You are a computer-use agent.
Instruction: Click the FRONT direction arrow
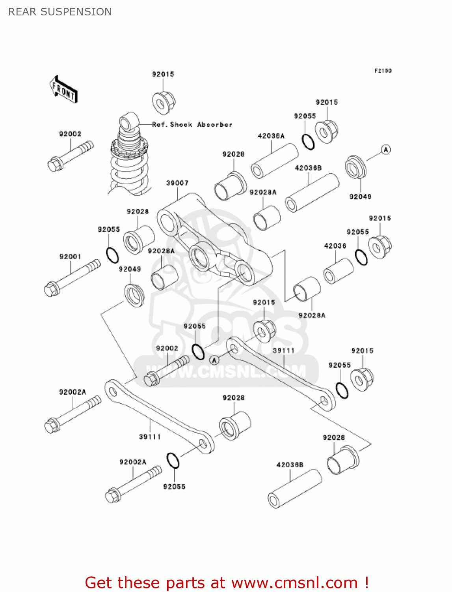coord(63,90)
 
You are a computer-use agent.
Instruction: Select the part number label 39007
coord(177,183)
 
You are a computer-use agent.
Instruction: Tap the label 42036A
coord(271,136)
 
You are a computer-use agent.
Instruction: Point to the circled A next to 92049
coord(386,150)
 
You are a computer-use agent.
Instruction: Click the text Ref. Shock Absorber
coord(192,125)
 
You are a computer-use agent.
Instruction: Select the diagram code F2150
coord(383,71)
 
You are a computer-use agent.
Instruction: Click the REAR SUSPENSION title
coord(60,12)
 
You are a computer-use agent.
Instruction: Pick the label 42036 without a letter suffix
coord(335,246)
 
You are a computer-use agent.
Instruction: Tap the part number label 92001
coord(70,257)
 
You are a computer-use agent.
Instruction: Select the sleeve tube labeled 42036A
coord(275,161)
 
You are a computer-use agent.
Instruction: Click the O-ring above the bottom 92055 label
coord(173,461)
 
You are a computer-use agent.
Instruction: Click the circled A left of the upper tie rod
coord(214,360)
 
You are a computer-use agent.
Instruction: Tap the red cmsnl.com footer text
coord(227,583)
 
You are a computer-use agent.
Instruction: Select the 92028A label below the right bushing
coord(312,315)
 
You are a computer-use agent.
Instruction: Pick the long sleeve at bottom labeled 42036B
coord(294,489)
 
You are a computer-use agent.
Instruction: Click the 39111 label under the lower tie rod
coord(150,437)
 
